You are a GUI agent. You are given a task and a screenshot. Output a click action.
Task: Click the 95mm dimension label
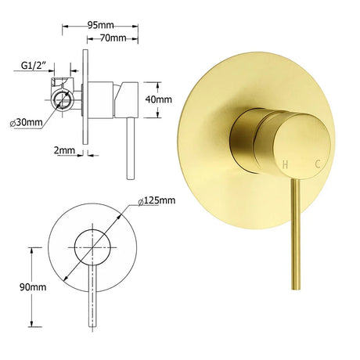pyautogui.click(x=100, y=25)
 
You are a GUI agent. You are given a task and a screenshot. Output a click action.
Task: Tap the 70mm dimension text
pyautogui.click(x=113, y=38)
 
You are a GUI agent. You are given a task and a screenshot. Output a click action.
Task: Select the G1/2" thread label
pyautogui.click(x=34, y=65)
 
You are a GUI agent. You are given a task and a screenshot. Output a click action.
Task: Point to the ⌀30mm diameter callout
pyautogui.click(x=26, y=122)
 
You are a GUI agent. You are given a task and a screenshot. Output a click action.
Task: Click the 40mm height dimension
pyautogui.click(x=159, y=99)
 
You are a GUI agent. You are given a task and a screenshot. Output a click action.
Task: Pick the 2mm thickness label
pyautogui.click(x=64, y=150)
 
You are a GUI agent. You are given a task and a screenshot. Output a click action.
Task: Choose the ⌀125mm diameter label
pyautogui.click(x=157, y=200)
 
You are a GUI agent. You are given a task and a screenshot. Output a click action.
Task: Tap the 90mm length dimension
pyautogui.click(x=33, y=287)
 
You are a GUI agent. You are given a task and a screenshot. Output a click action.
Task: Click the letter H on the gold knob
pyautogui.click(x=285, y=164)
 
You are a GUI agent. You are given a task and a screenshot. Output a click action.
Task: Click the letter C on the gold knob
pyautogui.click(x=318, y=164)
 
